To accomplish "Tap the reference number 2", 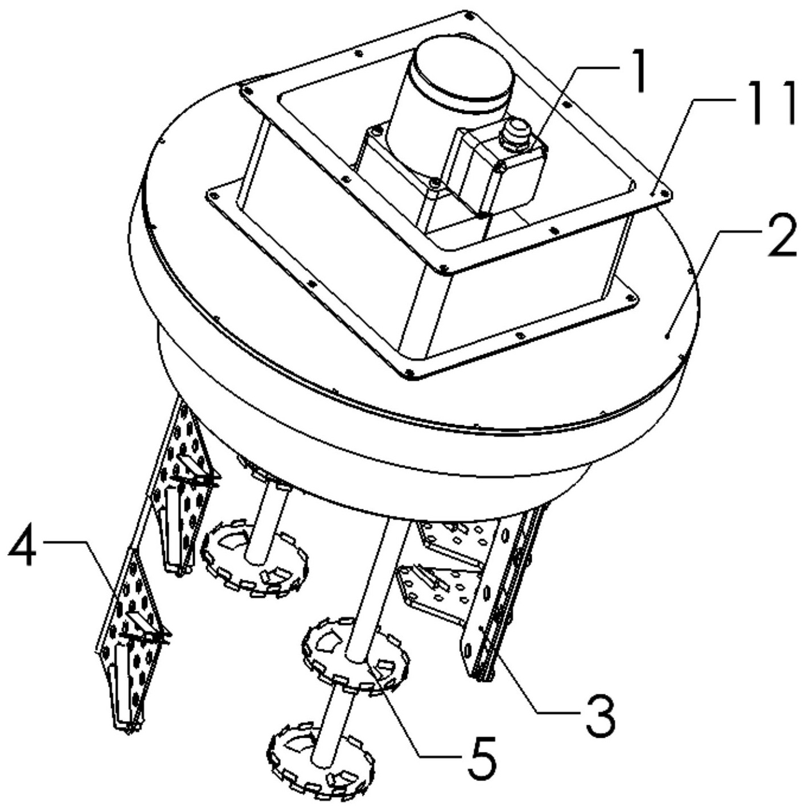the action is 781,236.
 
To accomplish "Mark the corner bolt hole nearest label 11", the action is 664,194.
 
